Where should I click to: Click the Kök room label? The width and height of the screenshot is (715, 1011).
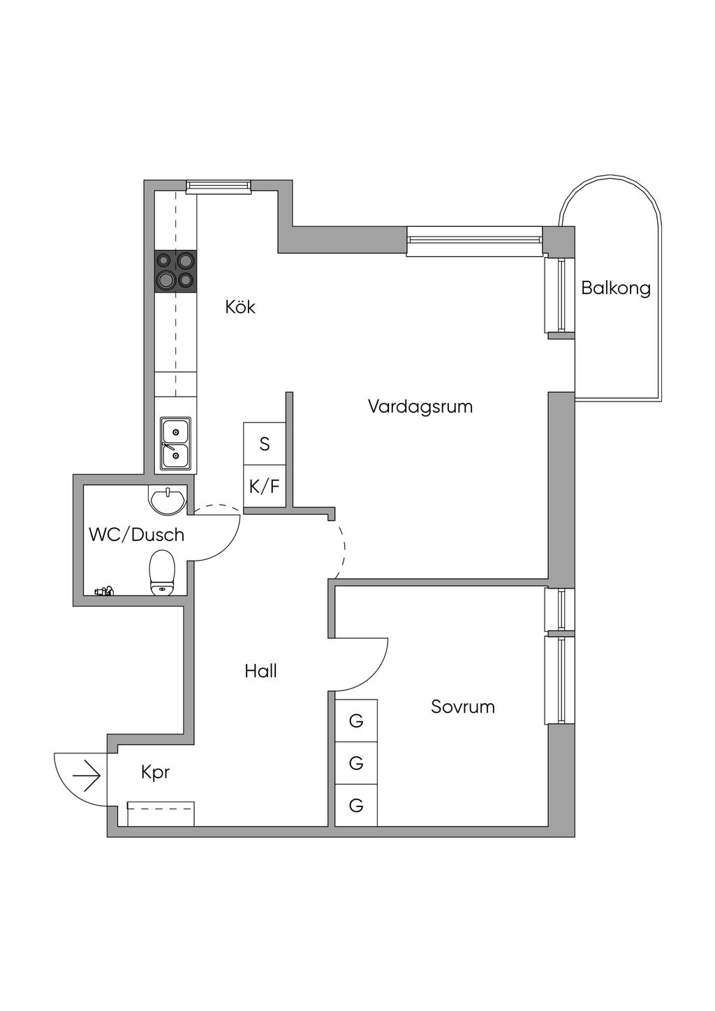[x=240, y=307]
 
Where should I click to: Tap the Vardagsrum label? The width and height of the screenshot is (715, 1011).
[x=420, y=406]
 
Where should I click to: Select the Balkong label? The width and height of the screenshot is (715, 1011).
[x=616, y=288]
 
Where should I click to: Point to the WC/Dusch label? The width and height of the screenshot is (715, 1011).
[x=137, y=535]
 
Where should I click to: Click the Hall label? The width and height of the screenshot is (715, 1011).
[x=261, y=672]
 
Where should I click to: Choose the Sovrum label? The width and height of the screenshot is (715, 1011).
[x=463, y=707]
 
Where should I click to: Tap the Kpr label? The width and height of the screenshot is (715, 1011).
[x=155, y=773]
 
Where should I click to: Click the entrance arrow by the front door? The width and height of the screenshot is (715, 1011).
[x=87, y=776]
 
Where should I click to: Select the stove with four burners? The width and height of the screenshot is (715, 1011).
[x=175, y=271]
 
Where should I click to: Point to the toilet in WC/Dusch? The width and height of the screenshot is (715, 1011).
[x=162, y=573]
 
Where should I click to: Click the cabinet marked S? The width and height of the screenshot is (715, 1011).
[x=265, y=443]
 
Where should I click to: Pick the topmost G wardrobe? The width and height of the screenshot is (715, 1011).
[x=356, y=720]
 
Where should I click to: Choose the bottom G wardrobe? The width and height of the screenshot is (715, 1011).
[x=356, y=806]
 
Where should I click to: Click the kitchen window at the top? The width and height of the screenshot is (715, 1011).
[x=218, y=186]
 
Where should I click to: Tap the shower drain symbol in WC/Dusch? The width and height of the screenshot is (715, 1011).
[x=105, y=591]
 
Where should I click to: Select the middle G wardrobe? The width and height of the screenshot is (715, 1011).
[x=356, y=763]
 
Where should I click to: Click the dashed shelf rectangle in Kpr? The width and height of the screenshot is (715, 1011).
[x=161, y=814]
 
